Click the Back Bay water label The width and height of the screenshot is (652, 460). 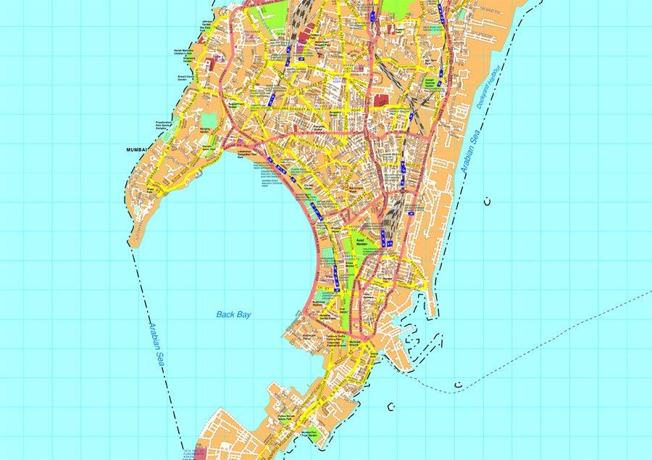(x=233, y=314)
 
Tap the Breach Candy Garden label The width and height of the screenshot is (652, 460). (x=186, y=78)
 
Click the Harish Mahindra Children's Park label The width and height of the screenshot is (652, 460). (x=183, y=53)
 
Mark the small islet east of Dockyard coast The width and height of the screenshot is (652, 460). (x=488, y=201)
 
